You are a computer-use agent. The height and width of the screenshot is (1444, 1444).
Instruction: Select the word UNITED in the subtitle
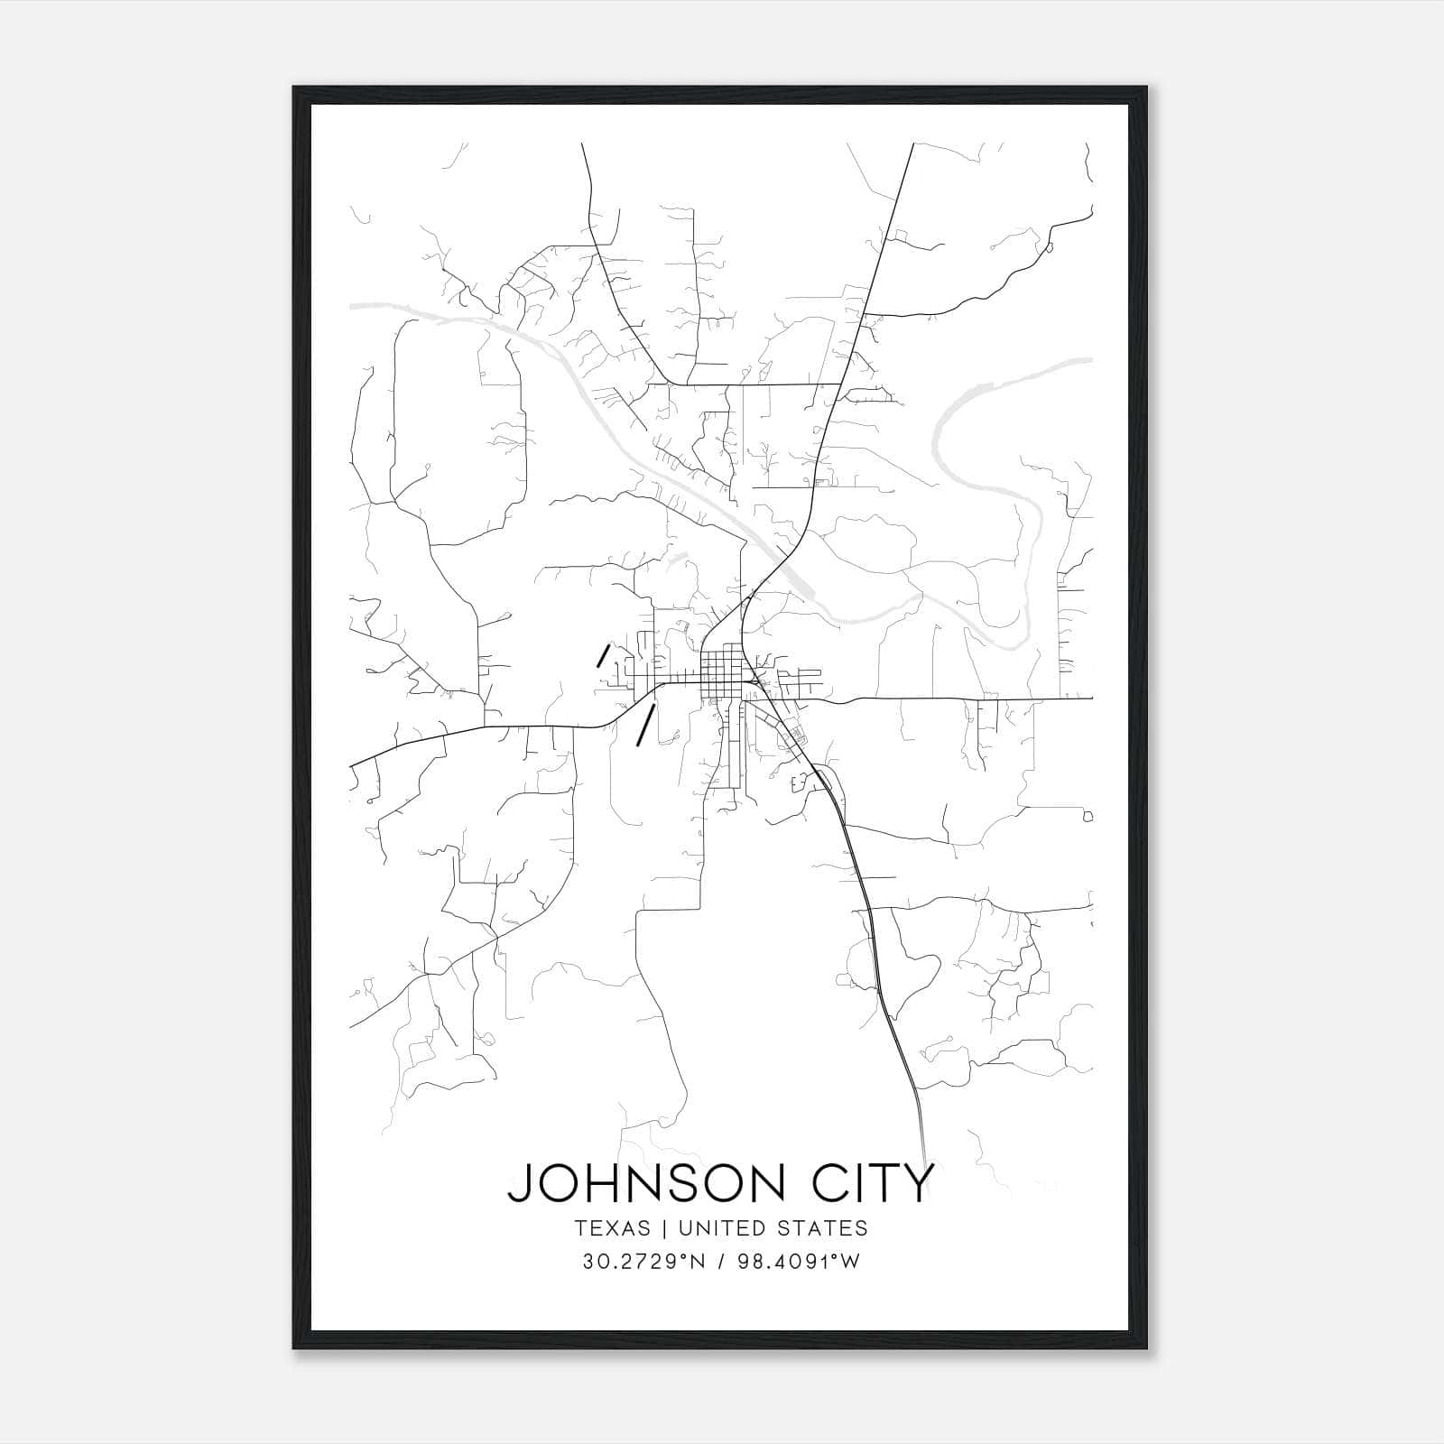714,1228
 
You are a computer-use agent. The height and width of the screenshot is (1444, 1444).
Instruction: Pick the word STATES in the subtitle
820,1228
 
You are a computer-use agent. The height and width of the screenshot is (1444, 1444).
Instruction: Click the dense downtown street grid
725,672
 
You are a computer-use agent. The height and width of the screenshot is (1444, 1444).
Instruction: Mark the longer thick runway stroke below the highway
644,726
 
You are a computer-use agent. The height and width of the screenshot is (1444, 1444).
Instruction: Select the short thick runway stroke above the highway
603,654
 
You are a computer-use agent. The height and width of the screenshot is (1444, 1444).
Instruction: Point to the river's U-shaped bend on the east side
1002,623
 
